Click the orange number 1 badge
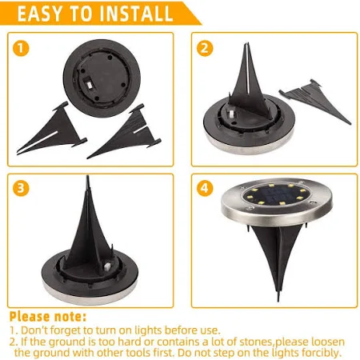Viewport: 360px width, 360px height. [x=21, y=48]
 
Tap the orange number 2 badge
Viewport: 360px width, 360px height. [x=205, y=48]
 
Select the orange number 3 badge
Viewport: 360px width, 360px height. [x=21, y=188]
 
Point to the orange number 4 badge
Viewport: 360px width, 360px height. [x=205, y=188]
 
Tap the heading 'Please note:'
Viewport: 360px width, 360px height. [x=48, y=317]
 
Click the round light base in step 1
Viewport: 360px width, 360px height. [x=102, y=78]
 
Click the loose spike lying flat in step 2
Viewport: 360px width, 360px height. [x=314, y=101]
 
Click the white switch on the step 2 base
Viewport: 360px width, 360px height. [x=231, y=115]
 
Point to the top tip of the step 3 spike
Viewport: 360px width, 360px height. [x=87, y=176]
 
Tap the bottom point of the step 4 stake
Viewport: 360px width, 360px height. [x=278, y=301]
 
